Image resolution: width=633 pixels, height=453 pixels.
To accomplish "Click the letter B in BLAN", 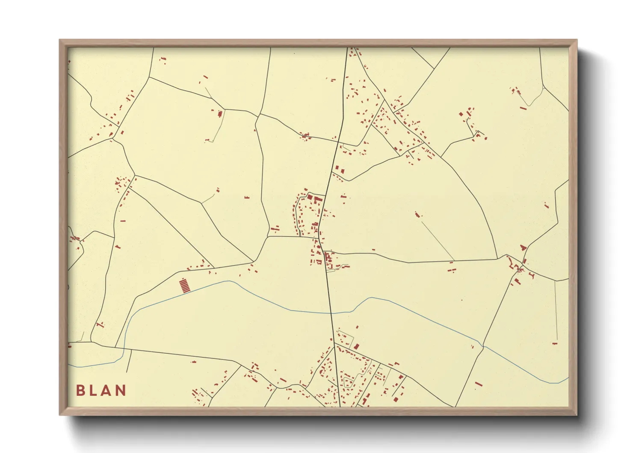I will click(80, 390).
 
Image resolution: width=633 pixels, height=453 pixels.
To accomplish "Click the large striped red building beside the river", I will click(184, 286).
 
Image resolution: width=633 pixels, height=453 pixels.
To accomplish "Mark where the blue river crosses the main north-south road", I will click(331, 313).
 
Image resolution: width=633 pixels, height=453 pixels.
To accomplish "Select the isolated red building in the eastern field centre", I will click(418, 215).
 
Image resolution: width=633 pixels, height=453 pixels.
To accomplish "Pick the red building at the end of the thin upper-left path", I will click(220, 114).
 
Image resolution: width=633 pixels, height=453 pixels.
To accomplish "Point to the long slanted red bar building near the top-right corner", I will click(523, 108).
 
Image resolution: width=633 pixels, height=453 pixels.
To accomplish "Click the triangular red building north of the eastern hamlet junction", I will click(522, 247).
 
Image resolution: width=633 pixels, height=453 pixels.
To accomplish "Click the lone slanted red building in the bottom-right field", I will click(478, 384).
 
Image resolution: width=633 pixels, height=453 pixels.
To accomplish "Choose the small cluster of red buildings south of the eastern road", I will click(452, 270).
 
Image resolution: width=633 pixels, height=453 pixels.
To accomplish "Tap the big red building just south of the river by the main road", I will click(356, 346).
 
